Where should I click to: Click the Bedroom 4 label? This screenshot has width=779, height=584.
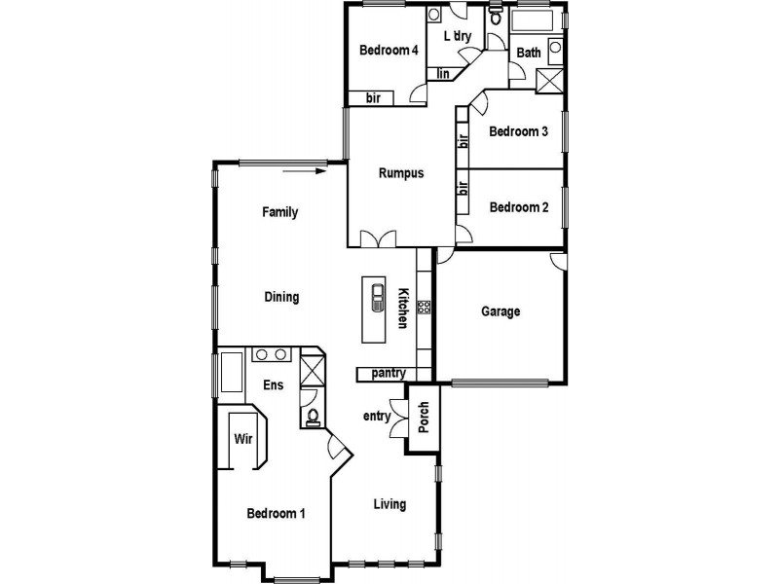tap(388, 51)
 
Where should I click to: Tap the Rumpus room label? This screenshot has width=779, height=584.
tap(401, 174)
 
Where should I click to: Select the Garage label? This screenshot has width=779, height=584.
tap(501, 311)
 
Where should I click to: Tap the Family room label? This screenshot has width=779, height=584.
tap(279, 212)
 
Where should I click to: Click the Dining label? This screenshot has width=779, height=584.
tap(281, 298)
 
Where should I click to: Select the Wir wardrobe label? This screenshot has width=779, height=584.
tap(242, 438)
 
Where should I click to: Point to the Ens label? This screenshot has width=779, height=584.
tap(273, 385)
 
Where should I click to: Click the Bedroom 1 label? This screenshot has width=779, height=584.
tap(276, 513)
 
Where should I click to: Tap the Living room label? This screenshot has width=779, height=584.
tap(389, 504)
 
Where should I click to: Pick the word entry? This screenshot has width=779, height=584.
tap(376, 417)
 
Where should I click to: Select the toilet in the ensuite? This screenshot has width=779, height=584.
tap(313, 417)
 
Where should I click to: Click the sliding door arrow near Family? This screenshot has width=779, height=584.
tap(307, 170)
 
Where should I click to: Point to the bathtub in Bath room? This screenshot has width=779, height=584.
tap(532, 21)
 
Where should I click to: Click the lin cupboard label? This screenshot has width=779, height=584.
tap(442, 73)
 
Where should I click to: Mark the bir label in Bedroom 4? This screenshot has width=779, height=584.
tap(373, 97)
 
